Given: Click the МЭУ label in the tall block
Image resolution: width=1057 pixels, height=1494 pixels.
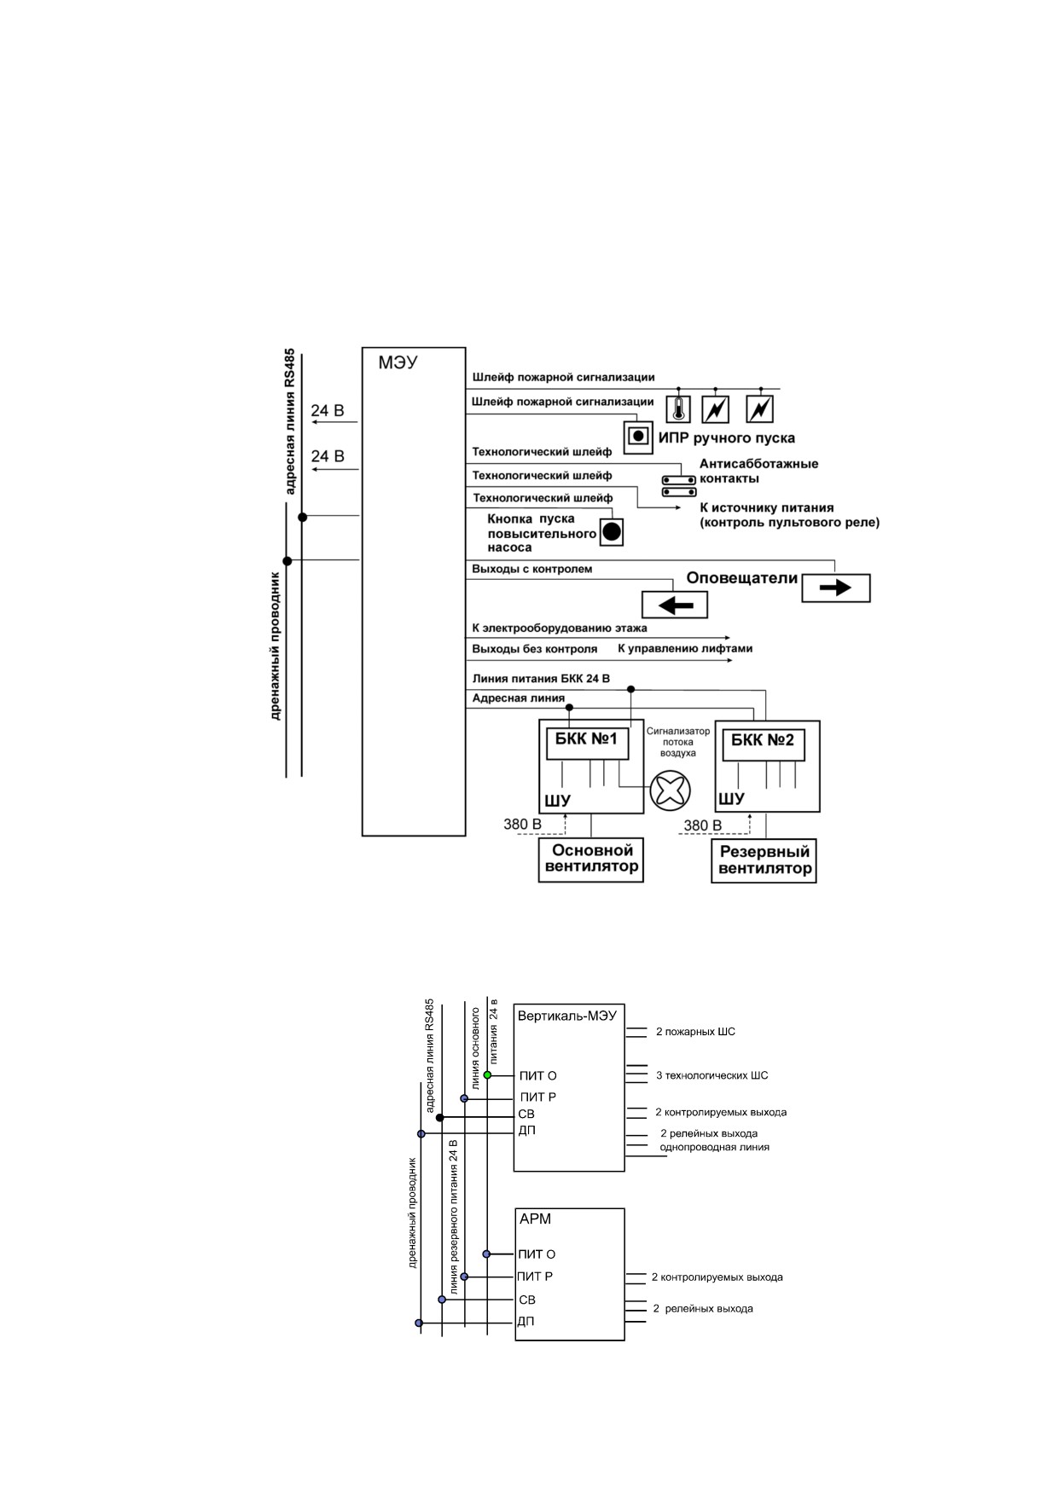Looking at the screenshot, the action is (398, 362).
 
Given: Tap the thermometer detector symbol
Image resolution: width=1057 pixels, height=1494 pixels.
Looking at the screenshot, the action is (678, 409).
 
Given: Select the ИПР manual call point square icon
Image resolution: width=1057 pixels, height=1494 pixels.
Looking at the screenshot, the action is (636, 437).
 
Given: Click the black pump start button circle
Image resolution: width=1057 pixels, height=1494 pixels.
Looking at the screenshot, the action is (612, 532).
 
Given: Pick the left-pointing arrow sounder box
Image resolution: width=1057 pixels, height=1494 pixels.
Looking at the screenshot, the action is (675, 605).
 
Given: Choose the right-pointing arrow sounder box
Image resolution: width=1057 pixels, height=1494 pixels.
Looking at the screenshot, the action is (836, 588).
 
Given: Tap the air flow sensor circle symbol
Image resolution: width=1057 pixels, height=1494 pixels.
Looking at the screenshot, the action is (670, 790).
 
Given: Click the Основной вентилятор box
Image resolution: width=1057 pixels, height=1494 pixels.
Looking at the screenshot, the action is (591, 860).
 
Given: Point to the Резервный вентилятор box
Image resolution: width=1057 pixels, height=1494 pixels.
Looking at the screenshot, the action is (764, 860).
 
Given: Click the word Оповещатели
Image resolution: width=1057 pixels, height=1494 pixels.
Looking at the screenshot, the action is (742, 578).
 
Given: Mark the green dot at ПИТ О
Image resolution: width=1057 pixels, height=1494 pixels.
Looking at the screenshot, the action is (487, 1075).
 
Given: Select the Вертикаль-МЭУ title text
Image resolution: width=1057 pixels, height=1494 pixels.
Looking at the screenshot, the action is (567, 1016).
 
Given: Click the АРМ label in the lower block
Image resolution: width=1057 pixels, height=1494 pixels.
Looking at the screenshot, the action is (535, 1219).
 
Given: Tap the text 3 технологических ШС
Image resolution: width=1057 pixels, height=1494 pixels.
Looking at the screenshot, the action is (711, 1075).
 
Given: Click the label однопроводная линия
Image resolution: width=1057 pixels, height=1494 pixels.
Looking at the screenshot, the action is (714, 1147).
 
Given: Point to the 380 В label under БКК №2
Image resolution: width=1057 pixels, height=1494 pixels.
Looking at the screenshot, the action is (703, 825).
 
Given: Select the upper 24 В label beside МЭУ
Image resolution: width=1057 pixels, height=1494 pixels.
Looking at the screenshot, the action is (328, 411).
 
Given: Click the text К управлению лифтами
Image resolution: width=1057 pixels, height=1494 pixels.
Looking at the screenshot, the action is (685, 648).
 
